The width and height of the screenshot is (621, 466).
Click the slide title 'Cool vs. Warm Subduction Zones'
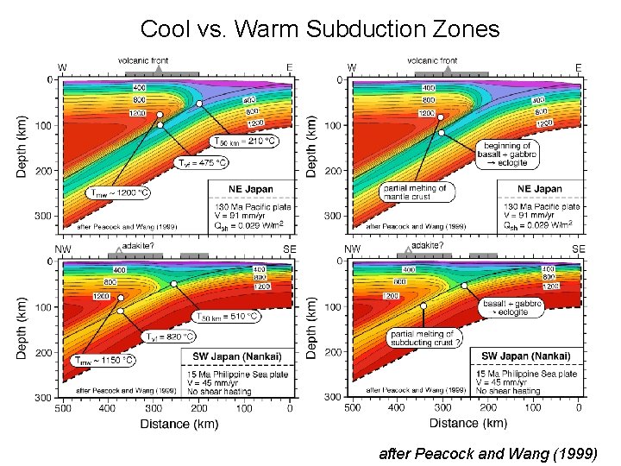319,29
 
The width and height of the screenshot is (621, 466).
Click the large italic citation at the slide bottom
487,451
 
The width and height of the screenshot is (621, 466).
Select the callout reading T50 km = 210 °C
245,141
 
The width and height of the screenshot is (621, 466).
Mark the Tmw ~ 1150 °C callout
103,360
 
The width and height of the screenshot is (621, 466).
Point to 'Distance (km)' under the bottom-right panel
467,423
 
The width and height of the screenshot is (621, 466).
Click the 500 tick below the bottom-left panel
62,408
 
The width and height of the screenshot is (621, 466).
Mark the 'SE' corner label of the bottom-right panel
578,249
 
